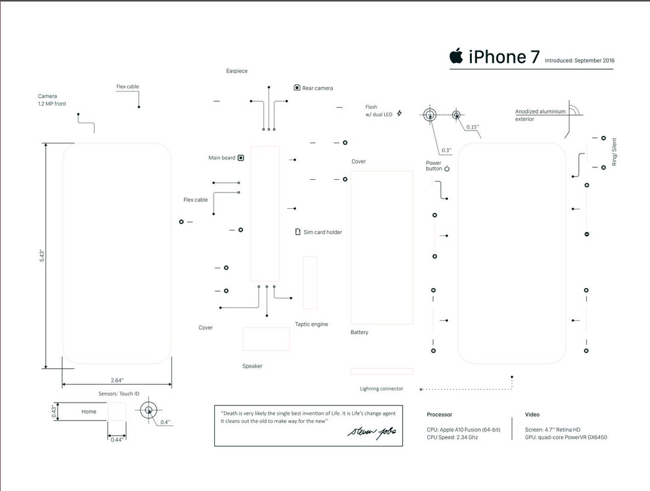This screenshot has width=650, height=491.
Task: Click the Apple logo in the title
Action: pyautogui.click(x=456, y=56)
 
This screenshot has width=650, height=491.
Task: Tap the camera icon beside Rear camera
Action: pyautogui.click(x=297, y=88)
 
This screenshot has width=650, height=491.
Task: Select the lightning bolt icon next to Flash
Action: pyautogui.click(x=399, y=113)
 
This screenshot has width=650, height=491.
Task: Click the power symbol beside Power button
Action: pyautogui.click(x=447, y=169)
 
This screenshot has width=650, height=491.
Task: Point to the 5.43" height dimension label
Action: pyautogui.click(x=42, y=255)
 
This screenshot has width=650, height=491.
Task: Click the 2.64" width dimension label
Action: pyautogui.click(x=117, y=380)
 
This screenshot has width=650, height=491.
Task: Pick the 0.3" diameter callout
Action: pyautogui.click(x=446, y=150)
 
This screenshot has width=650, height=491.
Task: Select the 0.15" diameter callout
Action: pyautogui.click(x=472, y=127)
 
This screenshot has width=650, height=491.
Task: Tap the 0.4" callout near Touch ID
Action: pyautogui.click(x=165, y=422)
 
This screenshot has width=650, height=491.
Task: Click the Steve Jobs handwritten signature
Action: pyautogui.click(x=373, y=433)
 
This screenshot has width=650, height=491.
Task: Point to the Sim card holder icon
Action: pyautogui.click(x=297, y=232)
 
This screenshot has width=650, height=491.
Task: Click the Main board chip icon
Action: pyautogui.click(x=241, y=158)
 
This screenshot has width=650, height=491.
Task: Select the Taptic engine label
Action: pyautogui.click(x=311, y=324)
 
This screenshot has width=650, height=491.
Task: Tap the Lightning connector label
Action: pyautogui.click(x=382, y=389)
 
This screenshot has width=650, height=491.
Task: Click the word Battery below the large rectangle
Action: pyautogui.click(x=359, y=332)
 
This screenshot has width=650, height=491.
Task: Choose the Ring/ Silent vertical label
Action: pyautogui.click(x=614, y=152)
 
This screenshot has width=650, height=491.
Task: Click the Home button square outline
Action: pyautogui.click(x=117, y=412)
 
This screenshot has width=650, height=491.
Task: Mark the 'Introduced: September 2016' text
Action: pyautogui.click(x=580, y=61)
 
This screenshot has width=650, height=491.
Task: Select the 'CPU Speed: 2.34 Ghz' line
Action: pyautogui.click(x=453, y=437)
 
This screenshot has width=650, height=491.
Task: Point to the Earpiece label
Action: pyautogui.click(x=237, y=71)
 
